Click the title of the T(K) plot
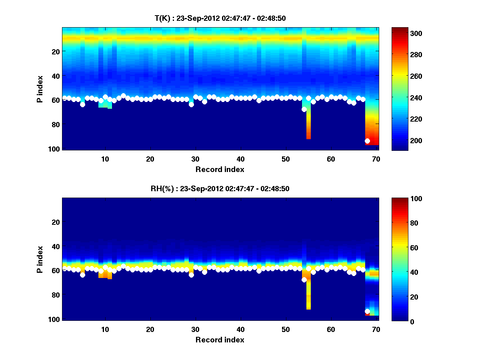220,18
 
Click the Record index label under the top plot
220,170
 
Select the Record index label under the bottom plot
220,340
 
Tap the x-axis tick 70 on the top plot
376,159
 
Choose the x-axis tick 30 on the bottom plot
195,329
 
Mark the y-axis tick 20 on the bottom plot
56,222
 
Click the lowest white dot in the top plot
367,141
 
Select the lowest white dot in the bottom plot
367,311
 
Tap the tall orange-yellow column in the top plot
308,124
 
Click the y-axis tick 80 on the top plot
56,124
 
